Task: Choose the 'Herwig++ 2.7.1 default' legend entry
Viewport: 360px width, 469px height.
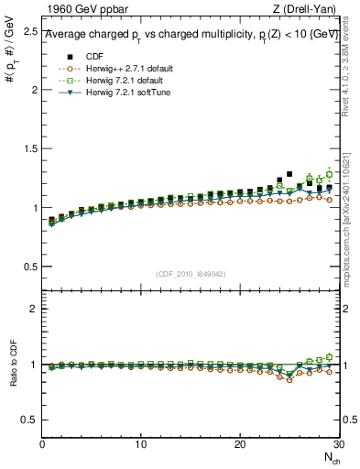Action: point(119,69)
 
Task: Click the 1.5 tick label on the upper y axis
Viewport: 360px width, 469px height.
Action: point(30,148)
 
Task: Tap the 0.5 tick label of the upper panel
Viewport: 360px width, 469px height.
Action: point(30,267)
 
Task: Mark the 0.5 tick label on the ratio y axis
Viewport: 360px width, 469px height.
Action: point(30,420)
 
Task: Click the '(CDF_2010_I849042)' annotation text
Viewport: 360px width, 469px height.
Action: point(191,274)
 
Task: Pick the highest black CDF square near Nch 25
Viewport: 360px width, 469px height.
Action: point(289,174)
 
